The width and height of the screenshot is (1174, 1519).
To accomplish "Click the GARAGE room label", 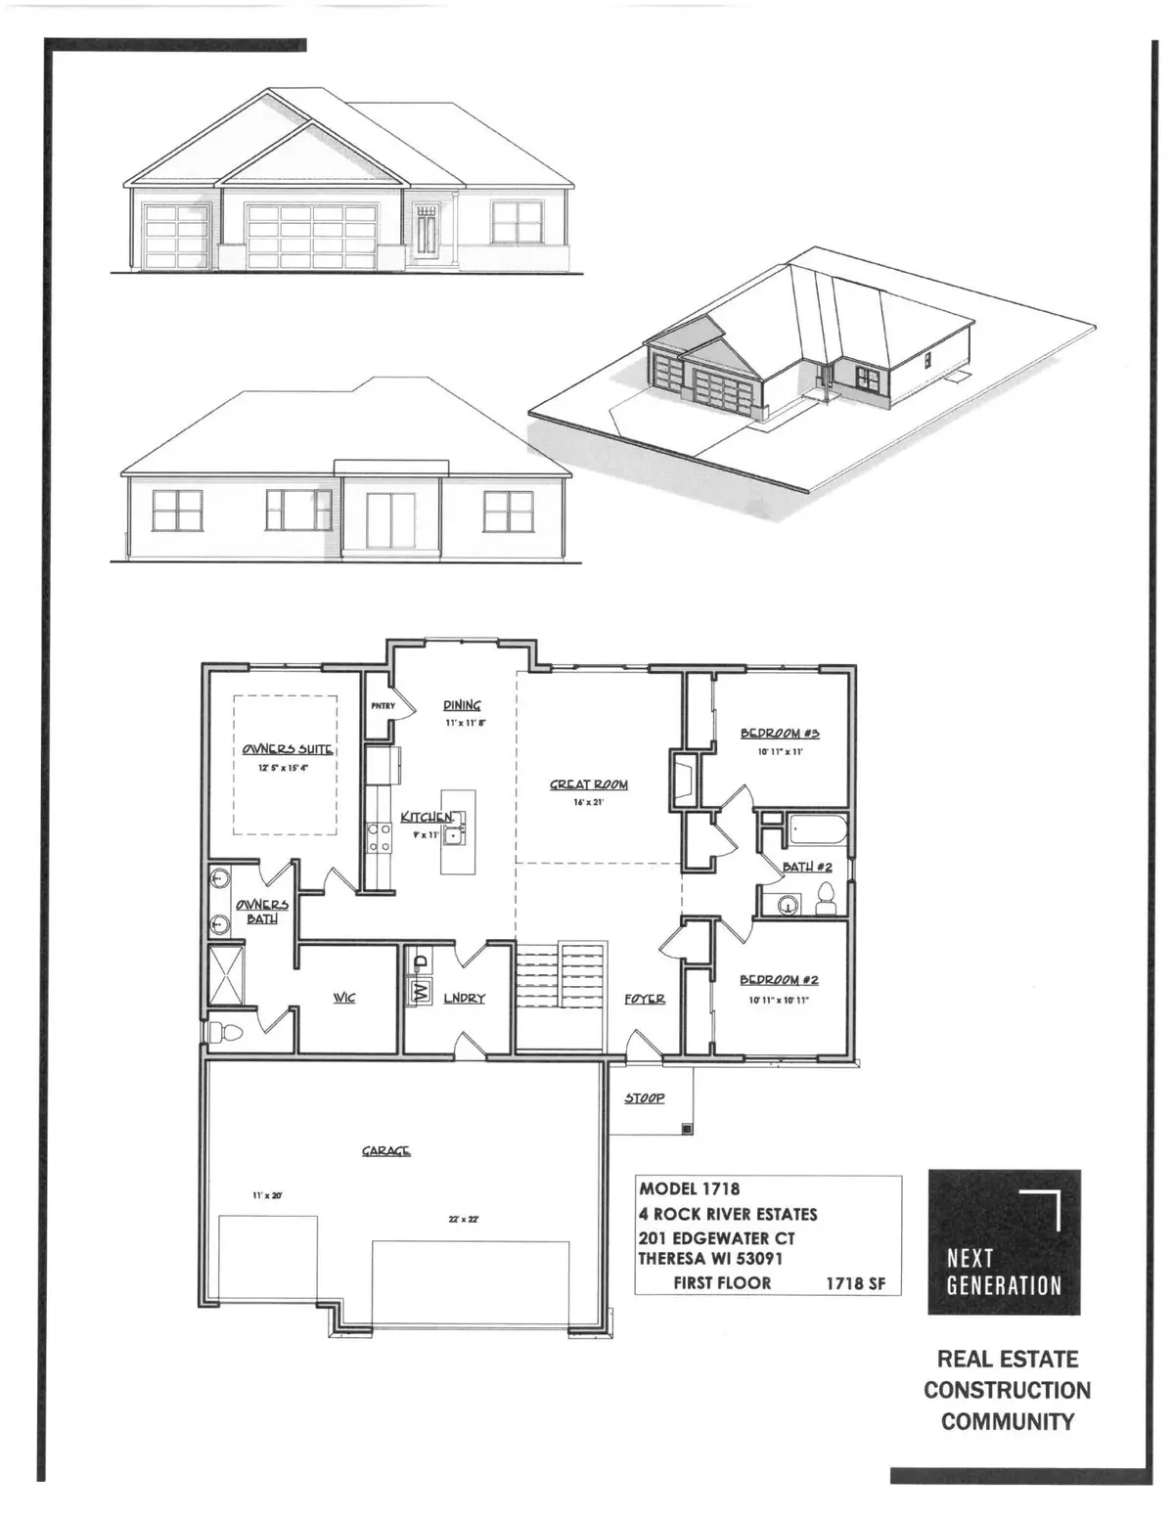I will coord(385,1151).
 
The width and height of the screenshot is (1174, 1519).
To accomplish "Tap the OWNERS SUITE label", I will coord(288,750).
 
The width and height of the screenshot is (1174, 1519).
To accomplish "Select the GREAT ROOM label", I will coord(588,784).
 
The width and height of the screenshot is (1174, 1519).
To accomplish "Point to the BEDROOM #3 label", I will coord(779,733).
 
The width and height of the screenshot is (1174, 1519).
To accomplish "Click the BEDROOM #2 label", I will coord(779,980).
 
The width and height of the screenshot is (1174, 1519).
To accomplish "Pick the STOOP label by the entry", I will coord(645,1098).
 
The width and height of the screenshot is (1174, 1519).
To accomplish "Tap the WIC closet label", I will coord(343,998).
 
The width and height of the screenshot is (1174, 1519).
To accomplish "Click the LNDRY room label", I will coord(464,998).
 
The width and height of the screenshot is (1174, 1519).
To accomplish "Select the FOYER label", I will coord(645,999).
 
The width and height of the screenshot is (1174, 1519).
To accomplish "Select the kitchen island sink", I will coord(455,834).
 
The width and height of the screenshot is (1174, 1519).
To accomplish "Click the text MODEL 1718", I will coord(689,1189).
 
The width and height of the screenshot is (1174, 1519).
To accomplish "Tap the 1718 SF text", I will coord(856,1283).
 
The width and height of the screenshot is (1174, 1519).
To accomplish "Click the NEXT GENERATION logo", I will coord(1004,1242).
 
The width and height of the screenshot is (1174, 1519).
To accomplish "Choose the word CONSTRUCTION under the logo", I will coord(1007,1390).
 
